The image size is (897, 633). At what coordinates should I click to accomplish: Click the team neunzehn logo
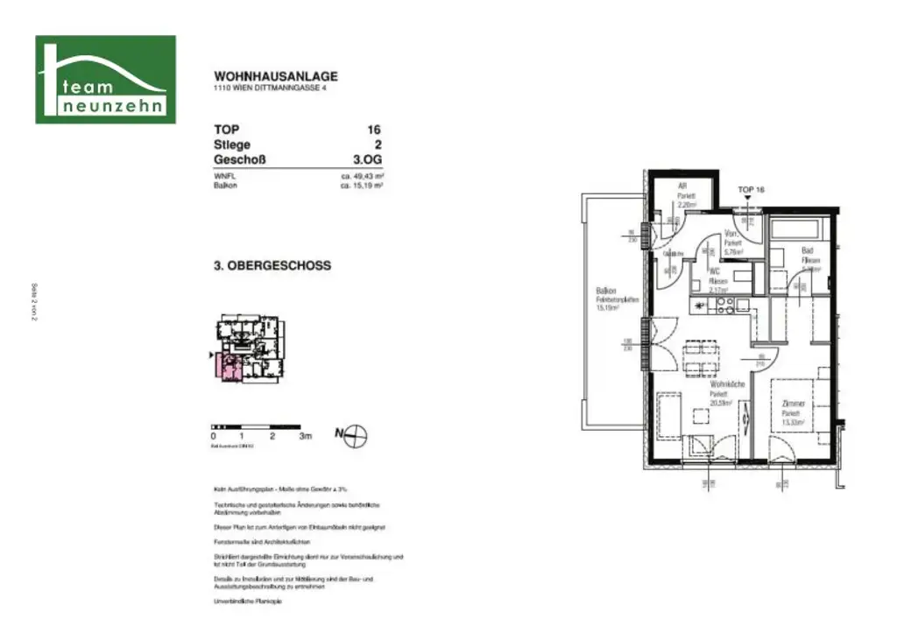(x=105, y=80)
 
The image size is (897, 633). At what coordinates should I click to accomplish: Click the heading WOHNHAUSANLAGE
(x=275, y=77)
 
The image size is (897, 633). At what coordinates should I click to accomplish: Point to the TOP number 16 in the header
(x=375, y=130)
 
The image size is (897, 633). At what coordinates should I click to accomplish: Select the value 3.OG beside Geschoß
(x=367, y=160)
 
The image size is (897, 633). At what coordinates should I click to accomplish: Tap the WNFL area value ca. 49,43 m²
(x=364, y=176)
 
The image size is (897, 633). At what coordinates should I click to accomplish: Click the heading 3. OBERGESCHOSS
(x=272, y=265)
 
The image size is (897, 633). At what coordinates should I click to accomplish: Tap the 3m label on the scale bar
(x=305, y=435)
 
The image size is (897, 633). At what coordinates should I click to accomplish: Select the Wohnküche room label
(x=726, y=384)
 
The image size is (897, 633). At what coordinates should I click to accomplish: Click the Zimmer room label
(x=793, y=404)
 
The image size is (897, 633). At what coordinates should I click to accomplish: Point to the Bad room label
(x=807, y=250)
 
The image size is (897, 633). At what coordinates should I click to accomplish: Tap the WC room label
(x=715, y=271)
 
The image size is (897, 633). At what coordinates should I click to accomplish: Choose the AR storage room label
(x=682, y=186)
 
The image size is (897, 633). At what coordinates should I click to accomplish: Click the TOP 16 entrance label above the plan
(x=752, y=190)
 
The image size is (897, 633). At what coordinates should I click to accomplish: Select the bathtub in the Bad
(x=795, y=229)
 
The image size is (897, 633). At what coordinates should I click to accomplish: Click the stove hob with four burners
(x=725, y=306)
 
